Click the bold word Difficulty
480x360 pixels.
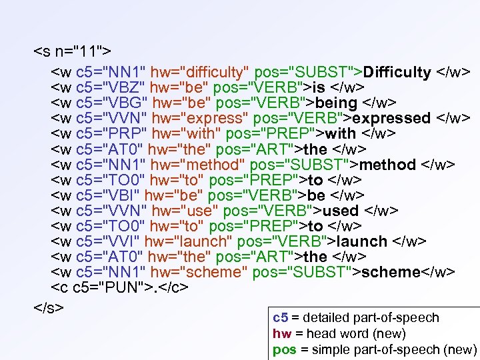click(398, 72)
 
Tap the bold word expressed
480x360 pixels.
click(391, 119)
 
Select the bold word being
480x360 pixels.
click(336, 103)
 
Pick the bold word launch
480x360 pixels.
click(362, 241)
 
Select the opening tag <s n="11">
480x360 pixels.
click(73, 51)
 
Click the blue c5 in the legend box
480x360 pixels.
click(280, 318)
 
